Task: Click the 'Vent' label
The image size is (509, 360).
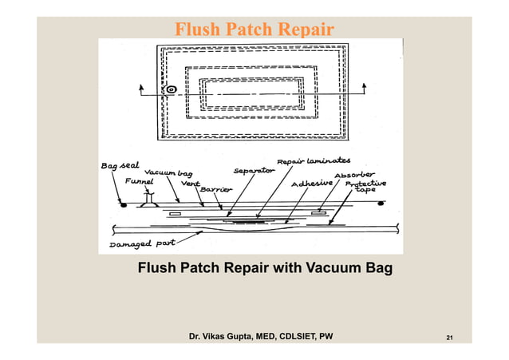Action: pyautogui.click(x=190, y=183)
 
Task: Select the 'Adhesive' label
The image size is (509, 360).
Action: pyautogui.click(x=310, y=184)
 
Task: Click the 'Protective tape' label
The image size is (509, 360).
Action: pyautogui.click(x=362, y=187)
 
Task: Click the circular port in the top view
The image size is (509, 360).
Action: pyautogui.click(x=172, y=90)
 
